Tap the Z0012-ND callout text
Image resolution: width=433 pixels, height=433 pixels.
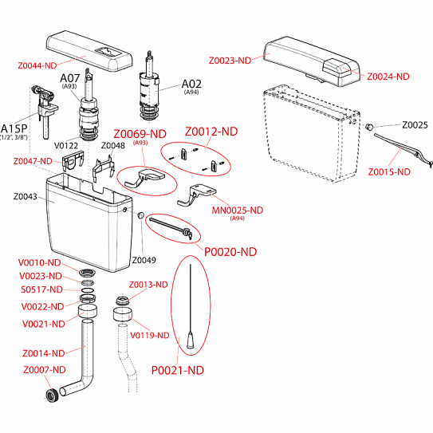[x=211, y=130]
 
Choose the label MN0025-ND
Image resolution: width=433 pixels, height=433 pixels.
[x=237, y=211]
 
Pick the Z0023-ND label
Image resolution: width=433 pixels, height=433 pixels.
[x=230, y=61]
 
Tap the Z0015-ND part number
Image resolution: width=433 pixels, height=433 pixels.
[x=389, y=171]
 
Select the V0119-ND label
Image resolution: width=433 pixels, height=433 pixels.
[x=149, y=336]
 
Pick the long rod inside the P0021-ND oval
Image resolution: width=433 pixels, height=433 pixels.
[x=192, y=303]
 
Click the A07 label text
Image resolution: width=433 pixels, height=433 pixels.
[x=69, y=78]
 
